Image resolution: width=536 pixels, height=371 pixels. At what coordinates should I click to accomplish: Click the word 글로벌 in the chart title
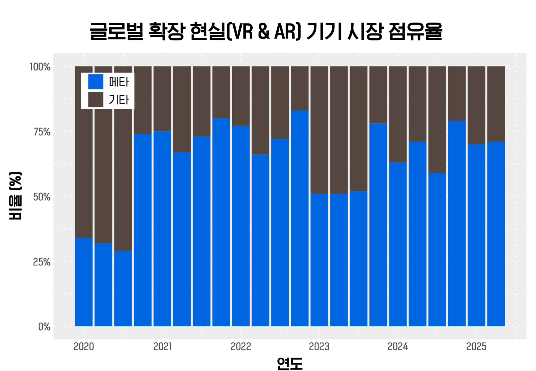(x=116, y=31)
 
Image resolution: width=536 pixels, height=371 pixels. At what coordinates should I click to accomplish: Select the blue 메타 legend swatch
(x=96, y=82)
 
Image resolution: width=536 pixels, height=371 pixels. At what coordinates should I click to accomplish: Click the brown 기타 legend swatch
(x=96, y=100)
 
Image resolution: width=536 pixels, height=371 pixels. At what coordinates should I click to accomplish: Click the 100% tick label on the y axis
(x=40, y=67)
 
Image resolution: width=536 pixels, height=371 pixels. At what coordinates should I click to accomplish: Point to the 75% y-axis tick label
(x=42, y=132)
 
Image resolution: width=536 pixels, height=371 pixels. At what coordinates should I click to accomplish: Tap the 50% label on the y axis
(x=42, y=197)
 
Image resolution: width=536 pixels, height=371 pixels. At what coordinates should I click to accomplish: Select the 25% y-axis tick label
(x=42, y=262)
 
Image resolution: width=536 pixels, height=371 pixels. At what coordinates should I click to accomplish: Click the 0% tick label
(x=44, y=327)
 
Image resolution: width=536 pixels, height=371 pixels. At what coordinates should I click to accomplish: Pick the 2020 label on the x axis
(x=84, y=347)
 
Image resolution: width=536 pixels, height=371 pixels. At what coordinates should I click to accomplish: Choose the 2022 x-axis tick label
(x=241, y=347)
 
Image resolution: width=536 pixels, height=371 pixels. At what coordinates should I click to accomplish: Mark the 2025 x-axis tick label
(x=476, y=347)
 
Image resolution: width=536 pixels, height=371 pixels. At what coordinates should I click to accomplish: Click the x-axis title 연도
(x=290, y=363)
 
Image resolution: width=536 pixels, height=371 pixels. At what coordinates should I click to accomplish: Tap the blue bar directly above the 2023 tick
(x=319, y=260)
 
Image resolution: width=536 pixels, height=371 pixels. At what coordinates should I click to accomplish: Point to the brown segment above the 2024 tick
(x=398, y=114)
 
